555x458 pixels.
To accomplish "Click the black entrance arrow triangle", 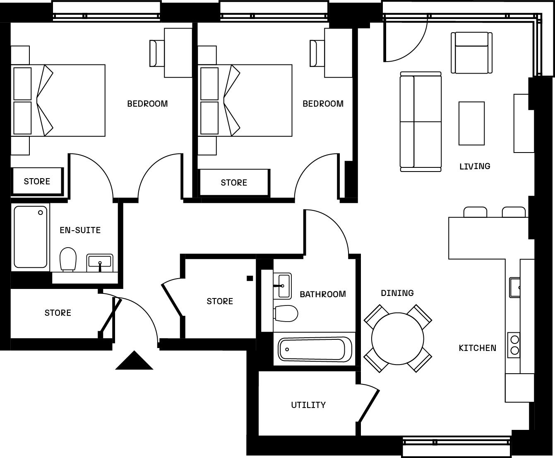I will (134, 361).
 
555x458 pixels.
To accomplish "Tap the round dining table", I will (397, 339).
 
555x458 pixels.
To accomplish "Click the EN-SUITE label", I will (80, 230).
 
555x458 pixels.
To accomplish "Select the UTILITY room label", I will (308, 405).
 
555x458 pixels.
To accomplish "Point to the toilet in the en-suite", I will (68, 259).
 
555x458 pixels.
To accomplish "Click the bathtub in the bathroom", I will (315, 349).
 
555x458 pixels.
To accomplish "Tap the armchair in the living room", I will (471, 52).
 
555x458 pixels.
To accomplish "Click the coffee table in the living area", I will (471, 124).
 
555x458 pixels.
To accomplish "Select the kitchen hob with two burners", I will (514, 345).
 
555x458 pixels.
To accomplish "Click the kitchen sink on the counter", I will (515, 287).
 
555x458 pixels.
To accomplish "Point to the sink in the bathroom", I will (284, 285).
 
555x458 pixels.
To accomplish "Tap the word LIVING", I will (475, 166).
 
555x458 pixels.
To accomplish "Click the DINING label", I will (397, 293).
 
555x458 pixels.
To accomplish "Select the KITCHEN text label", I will (477, 348).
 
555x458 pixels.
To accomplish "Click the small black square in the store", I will (250, 278).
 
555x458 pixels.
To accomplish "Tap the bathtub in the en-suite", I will (31, 237).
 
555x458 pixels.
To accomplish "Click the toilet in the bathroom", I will (286, 313).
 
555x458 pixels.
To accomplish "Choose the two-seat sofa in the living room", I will (420, 122).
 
